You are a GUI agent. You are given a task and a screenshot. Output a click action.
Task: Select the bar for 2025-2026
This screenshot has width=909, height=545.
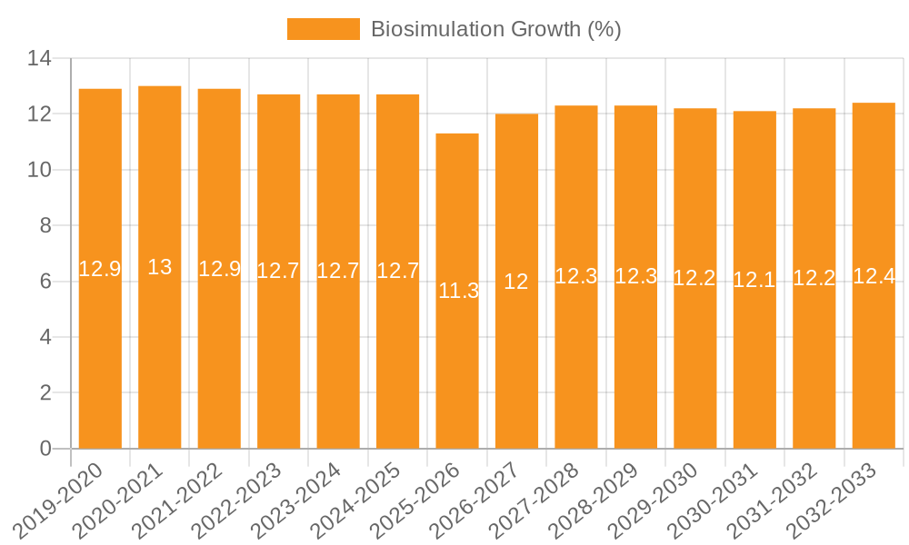457,291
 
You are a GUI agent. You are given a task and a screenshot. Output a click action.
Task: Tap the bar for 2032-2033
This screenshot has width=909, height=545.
874,276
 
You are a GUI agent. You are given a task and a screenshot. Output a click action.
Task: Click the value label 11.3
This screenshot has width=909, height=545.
458,292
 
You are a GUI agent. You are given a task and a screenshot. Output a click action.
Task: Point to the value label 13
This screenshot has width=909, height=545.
160,267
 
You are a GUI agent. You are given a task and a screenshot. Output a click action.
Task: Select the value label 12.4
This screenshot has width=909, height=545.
874,276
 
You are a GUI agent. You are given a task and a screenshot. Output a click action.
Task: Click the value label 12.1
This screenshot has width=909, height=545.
754,280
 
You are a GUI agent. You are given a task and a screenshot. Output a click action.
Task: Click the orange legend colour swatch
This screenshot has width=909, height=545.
323,29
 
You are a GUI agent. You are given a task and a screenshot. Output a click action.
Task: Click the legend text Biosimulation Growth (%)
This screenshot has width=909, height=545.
495,29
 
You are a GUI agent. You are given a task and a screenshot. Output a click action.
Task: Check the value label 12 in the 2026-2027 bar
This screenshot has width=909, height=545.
516,282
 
